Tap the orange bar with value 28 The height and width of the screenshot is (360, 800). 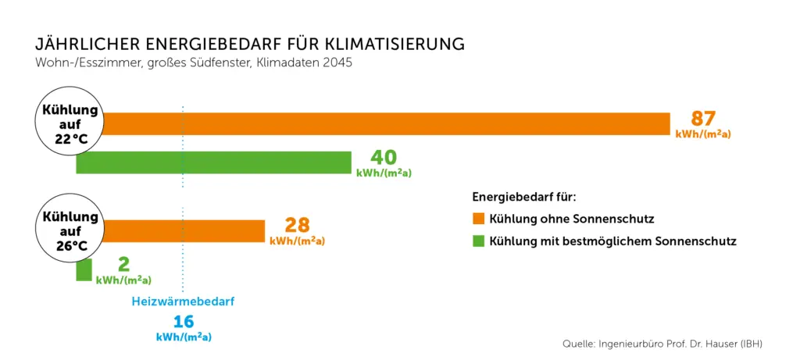pos(184,231)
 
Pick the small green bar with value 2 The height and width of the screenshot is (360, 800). pos(84,270)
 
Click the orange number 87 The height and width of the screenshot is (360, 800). pos(703,119)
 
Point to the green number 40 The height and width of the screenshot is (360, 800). pos(384,158)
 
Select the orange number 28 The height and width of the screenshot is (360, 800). pos(297,226)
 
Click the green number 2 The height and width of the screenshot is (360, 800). pos(123,265)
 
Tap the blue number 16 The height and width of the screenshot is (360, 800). pos(184,321)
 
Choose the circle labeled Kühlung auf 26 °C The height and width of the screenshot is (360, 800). pos(70,230)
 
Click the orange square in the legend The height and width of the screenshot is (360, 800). pos(478,218)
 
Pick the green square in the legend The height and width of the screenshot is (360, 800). pos(478,241)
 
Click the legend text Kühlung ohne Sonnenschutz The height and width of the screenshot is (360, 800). pos(571,218)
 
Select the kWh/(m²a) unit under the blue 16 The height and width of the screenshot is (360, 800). pos(184,337)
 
